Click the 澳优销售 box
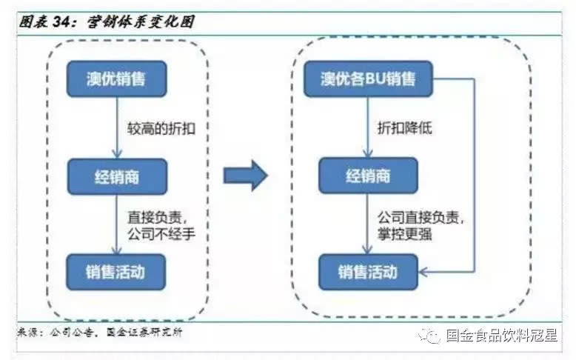pos(117,79)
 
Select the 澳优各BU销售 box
pos(368,79)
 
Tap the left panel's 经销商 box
pos(117,176)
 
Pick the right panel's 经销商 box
pos(368,176)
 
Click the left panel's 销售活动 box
pos(117,272)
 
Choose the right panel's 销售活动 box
pos(368,272)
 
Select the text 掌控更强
pos(405,236)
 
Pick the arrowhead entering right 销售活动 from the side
pos(425,272)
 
